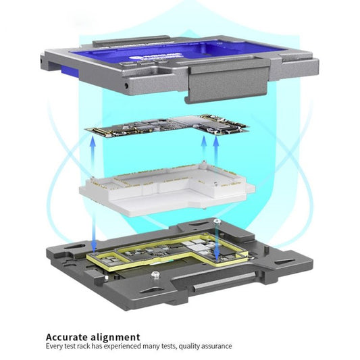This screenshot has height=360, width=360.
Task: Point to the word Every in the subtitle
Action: click(x=54, y=346)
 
